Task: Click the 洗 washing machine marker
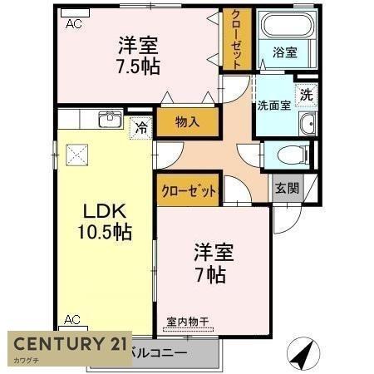[x=307, y=95]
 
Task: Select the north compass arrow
[x=303, y=352]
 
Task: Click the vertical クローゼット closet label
[x=237, y=39]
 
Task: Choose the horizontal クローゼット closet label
[x=188, y=190]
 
